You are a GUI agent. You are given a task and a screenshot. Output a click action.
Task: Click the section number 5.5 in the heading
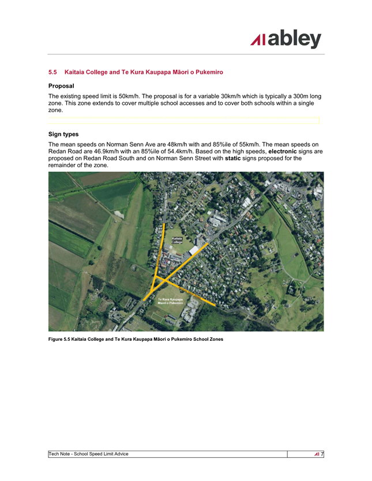(53, 72)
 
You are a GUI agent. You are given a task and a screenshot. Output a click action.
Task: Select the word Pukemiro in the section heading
(208, 72)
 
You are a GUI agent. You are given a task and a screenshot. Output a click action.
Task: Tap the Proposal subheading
(61, 85)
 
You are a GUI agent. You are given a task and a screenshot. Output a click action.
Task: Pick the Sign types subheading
(63, 134)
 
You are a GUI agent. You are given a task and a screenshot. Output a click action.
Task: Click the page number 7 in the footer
(322, 454)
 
